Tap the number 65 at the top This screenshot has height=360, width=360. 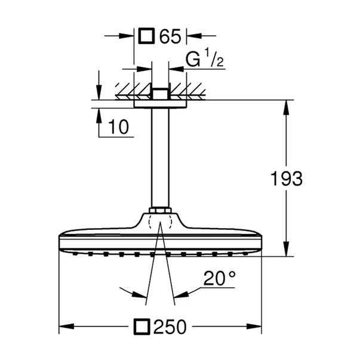tap(170, 36)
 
